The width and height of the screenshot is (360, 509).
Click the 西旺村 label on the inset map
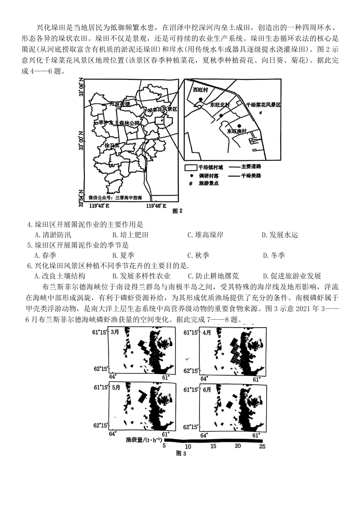coord(201,90)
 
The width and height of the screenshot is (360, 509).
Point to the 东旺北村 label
coord(220,105)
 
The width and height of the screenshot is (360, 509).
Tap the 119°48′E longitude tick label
coord(156,206)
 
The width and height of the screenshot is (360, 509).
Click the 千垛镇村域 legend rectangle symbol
coord(190,167)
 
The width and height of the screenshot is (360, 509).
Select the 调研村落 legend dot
coord(191,176)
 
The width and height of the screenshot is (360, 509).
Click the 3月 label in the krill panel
coord(115,332)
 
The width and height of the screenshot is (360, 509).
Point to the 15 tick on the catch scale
coord(213,446)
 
